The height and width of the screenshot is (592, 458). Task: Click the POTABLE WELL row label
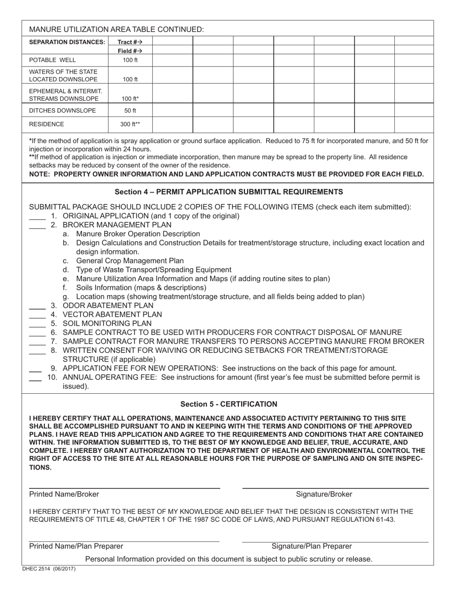[53, 60]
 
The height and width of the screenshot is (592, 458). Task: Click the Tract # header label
[130, 42]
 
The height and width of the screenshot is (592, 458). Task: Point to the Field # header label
[130, 51]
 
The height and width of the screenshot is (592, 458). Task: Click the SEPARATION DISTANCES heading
[67, 42]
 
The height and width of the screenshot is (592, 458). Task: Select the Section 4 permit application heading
[229, 192]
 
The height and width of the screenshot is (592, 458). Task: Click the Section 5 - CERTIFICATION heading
[229, 404]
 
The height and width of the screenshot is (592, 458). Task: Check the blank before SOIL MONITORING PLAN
[37, 324]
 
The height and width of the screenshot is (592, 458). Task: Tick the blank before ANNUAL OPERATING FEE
[35, 378]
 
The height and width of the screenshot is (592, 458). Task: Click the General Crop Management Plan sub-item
[130, 261]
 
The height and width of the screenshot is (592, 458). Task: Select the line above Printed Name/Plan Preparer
[124, 541]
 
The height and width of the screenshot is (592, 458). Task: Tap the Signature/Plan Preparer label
[311, 546]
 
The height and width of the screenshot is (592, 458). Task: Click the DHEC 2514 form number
[49, 569]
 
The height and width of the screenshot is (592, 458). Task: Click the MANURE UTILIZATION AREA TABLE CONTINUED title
[116, 29]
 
